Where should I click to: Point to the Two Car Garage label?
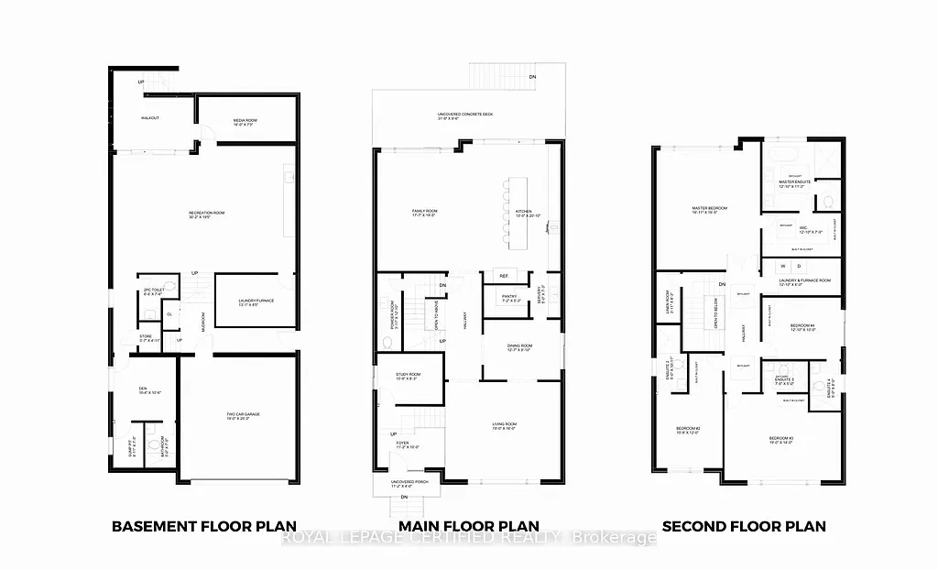245,415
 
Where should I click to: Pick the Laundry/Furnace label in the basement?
256,301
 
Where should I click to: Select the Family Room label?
424,213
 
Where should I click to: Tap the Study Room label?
409,375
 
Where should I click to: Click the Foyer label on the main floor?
402,444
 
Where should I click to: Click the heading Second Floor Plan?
743,526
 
